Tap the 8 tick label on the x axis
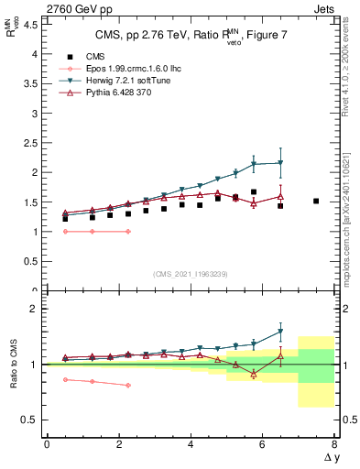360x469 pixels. [x=335, y=444]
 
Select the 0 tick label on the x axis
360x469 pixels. [x=47, y=444]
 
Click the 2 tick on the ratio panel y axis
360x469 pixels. [x=37, y=309]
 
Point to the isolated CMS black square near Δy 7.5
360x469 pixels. [x=316, y=201]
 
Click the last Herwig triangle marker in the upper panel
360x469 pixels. [x=280, y=163]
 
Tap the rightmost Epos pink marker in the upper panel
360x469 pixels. [x=127, y=232]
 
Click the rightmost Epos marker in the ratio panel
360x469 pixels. [x=127, y=385]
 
